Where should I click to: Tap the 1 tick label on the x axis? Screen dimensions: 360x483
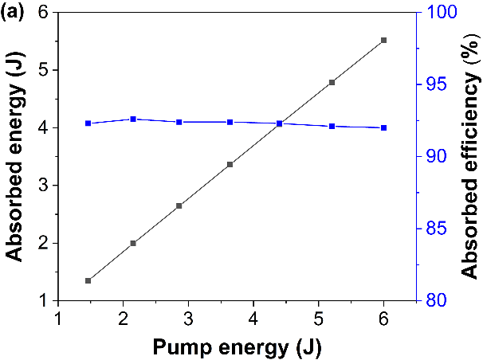tap(57, 318)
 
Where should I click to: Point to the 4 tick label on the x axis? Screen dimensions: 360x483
tap(253, 318)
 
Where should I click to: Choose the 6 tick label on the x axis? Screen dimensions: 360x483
tap(384, 318)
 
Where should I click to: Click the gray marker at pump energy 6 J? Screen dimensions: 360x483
tap(383, 40)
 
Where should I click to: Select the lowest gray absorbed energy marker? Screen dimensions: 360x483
tap(88, 280)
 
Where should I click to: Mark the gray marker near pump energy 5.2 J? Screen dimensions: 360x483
tap(332, 82)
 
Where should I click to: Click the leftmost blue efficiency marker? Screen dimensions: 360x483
tap(88, 123)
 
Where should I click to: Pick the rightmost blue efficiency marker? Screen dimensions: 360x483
tap(383, 127)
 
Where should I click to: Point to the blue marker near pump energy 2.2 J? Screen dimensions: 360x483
tap(133, 119)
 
